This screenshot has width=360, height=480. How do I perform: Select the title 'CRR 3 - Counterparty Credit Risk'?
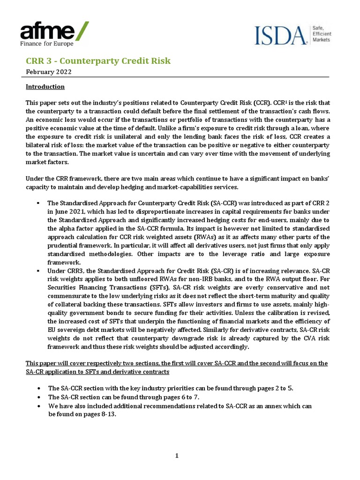coord(98,61)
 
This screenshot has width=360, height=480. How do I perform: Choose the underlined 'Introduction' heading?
coord(45,87)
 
